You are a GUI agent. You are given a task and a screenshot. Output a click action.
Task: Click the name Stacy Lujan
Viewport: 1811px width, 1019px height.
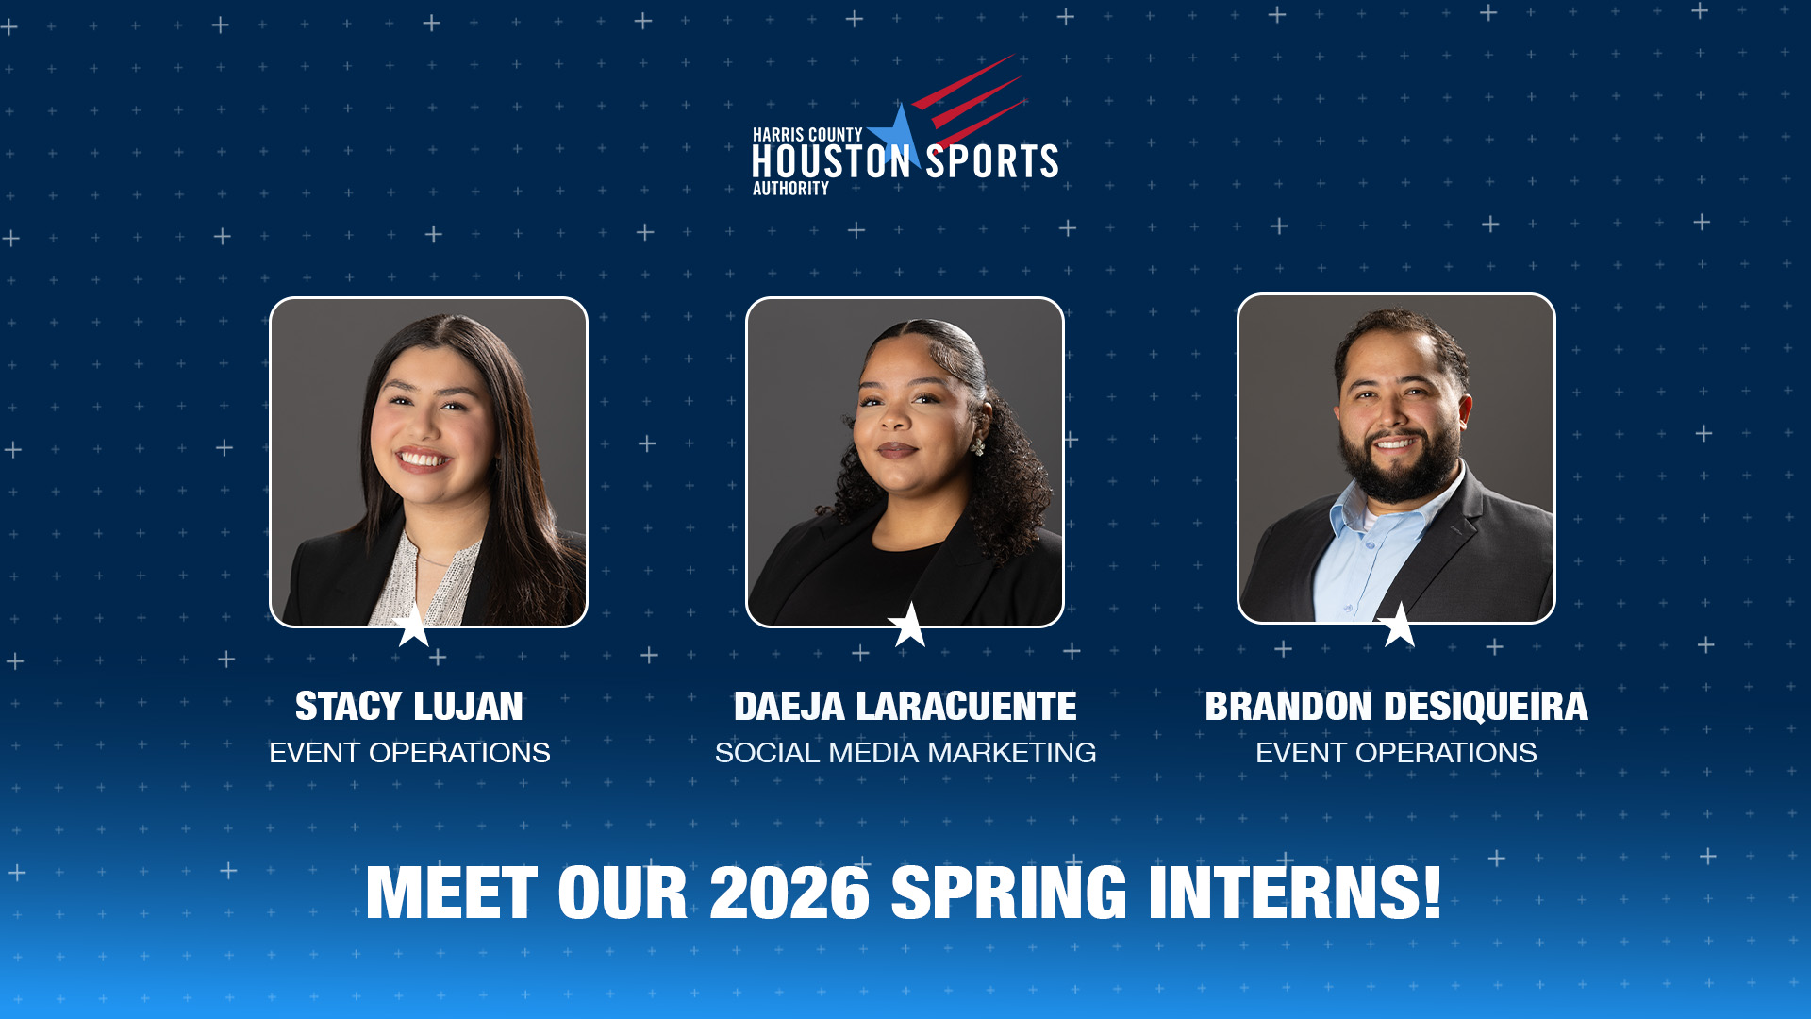click(x=408, y=707)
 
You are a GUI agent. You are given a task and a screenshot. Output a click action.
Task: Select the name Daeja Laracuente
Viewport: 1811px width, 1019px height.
click(x=905, y=707)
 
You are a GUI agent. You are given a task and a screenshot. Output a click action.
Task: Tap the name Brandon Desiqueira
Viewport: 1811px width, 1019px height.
click(x=1396, y=707)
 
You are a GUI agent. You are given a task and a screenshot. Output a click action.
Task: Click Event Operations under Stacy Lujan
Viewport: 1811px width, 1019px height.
click(x=409, y=753)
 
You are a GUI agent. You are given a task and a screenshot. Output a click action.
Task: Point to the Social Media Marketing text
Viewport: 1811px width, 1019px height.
click(x=905, y=753)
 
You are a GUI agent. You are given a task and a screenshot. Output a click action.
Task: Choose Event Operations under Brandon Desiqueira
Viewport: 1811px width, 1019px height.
click(x=1396, y=753)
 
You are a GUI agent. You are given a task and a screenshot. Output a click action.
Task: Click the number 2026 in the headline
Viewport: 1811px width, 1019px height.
click(x=789, y=893)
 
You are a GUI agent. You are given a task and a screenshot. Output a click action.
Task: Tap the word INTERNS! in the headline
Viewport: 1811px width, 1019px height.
click(x=1294, y=893)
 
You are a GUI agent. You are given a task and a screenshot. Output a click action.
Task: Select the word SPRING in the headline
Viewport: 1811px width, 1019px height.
click(x=1008, y=893)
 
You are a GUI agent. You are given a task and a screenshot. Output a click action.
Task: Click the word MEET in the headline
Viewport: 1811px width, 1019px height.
click(x=451, y=893)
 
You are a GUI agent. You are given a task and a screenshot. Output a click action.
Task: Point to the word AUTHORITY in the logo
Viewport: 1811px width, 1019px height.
click(x=790, y=189)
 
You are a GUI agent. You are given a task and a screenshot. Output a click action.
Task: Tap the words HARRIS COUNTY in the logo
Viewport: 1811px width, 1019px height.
click(x=806, y=135)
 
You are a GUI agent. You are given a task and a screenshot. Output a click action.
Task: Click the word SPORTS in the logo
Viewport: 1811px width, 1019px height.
click(x=991, y=161)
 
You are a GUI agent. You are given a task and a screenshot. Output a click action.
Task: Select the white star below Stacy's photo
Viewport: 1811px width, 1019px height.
click(x=413, y=626)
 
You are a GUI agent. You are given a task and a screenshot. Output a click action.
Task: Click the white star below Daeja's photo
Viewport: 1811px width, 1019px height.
click(x=908, y=626)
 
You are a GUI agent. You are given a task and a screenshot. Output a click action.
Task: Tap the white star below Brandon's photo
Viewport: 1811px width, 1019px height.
click(x=1398, y=626)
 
